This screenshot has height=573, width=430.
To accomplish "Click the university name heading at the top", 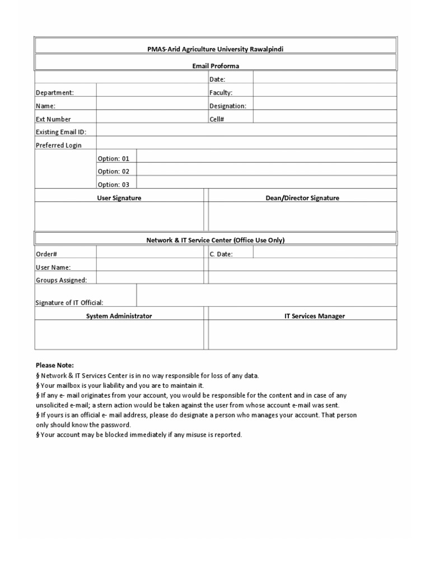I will pyautogui.click(x=216, y=49).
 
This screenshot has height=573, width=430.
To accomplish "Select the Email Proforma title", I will pyautogui.click(x=216, y=66).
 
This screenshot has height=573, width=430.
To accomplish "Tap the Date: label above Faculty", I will pyautogui.click(x=217, y=79).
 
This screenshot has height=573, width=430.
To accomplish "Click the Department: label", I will pyautogui.click(x=55, y=93).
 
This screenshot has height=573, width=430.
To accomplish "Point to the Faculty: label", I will pyautogui.click(x=221, y=93).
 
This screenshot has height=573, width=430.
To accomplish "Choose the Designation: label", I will pyautogui.click(x=228, y=106).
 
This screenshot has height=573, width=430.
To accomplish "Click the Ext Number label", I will pyautogui.click(x=54, y=119).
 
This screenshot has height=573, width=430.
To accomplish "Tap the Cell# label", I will pyautogui.click(x=217, y=119).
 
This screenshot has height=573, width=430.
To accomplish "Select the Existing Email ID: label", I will pyautogui.click(x=61, y=132).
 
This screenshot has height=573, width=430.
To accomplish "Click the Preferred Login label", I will pyautogui.click(x=59, y=145).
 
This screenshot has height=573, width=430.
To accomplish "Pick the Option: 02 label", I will pyautogui.click(x=114, y=171).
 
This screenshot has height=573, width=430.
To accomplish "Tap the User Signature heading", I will pyautogui.click(x=119, y=198).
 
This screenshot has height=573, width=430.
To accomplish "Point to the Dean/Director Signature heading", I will pyautogui.click(x=302, y=198).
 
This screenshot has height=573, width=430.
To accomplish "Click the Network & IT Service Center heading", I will pyautogui.click(x=216, y=240).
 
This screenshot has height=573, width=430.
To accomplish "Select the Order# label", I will pyautogui.click(x=46, y=254).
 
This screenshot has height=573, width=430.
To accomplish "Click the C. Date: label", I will pyautogui.click(x=221, y=254).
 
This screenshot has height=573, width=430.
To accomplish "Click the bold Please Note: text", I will pyautogui.click(x=55, y=365).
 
